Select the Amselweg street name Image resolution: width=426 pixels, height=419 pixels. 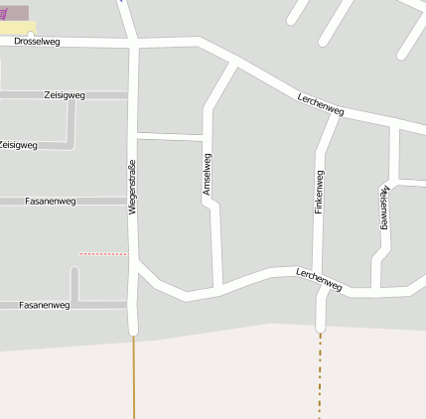pyautogui.click(x=208, y=173)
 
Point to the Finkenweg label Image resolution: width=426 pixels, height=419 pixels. pyautogui.click(x=320, y=193)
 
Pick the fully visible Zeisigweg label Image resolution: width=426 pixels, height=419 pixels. pyautogui.click(x=65, y=95)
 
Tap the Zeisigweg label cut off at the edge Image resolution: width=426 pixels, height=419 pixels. pyautogui.click(x=18, y=145)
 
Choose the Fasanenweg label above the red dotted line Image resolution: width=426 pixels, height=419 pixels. pyautogui.click(x=50, y=201)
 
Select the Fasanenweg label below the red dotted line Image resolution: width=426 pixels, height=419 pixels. pyautogui.click(x=45, y=305)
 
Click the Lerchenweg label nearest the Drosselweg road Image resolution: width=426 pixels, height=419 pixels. pyautogui.click(x=320, y=102)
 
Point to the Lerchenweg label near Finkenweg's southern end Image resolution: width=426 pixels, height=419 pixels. pyautogui.click(x=319, y=279)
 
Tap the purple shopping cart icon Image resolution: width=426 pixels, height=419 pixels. pyautogui.click(x=5, y=14)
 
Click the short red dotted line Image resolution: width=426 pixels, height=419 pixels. pyautogui.click(x=103, y=254)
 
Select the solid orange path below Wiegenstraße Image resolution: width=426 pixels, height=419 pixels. pyautogui.click(x=133, y=377)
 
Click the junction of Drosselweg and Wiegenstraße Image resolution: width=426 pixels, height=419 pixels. pyautogui.click(x=133, y=44)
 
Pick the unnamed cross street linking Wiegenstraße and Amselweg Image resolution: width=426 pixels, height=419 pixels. pyautogui.click(x=170, y=136)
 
